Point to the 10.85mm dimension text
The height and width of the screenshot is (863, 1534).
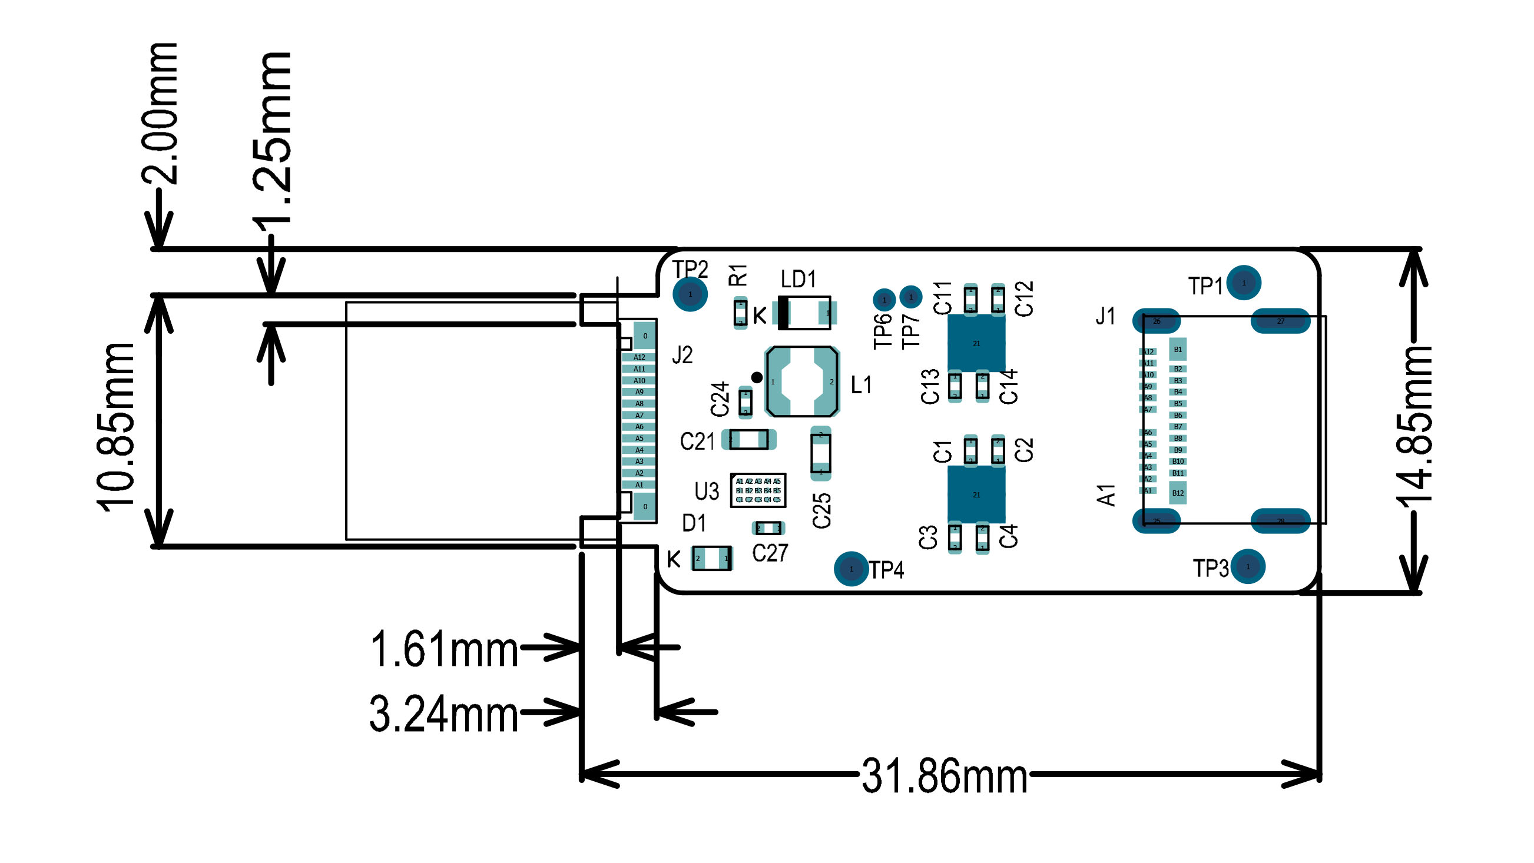(x=116, y=427)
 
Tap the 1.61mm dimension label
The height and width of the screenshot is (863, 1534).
(x=444, y=649)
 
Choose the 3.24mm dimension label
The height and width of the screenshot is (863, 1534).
(x=444, y=714)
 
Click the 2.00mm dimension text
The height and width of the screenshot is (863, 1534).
(x=160, y=113)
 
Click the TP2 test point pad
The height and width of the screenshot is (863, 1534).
(x=690, y=294)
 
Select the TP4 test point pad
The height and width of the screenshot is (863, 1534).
(x=851, y=569)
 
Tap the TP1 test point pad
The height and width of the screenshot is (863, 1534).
(x=1244, y=283)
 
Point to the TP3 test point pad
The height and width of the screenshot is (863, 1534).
(x=1248, y=567)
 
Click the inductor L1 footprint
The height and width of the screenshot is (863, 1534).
(x=801, y=381)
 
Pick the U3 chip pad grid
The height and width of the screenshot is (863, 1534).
(x=758, y=490)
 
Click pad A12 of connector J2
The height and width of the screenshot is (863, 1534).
(x=639, y=357)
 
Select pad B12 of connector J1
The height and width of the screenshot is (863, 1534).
(x=1177, y=493)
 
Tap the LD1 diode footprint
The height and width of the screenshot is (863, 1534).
(x=804, y=313)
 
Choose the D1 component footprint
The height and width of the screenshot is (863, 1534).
(x=711, y=558)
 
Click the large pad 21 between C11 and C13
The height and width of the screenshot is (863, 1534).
(x=976, y=343)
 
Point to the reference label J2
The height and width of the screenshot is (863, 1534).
(x=682, y=356)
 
